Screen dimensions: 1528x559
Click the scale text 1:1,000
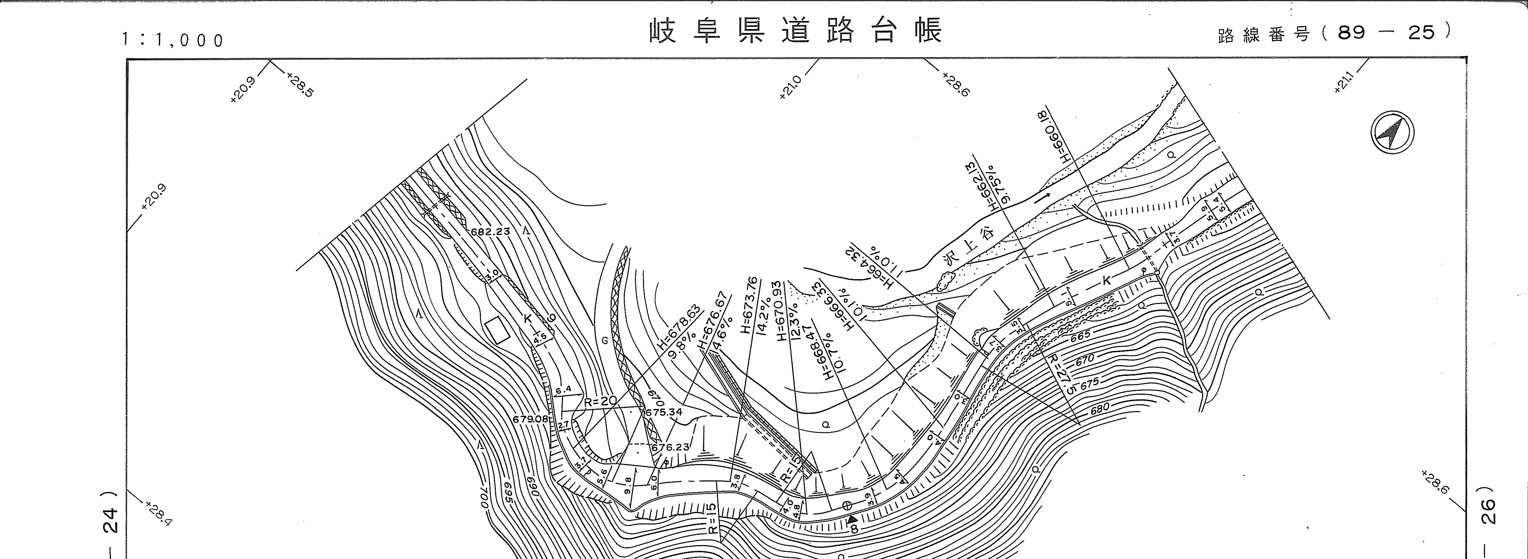[173, 40]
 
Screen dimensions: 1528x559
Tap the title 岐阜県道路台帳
[796, 31]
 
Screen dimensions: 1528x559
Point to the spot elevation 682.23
[490, 232]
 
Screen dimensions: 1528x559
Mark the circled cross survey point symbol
[848, 506]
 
